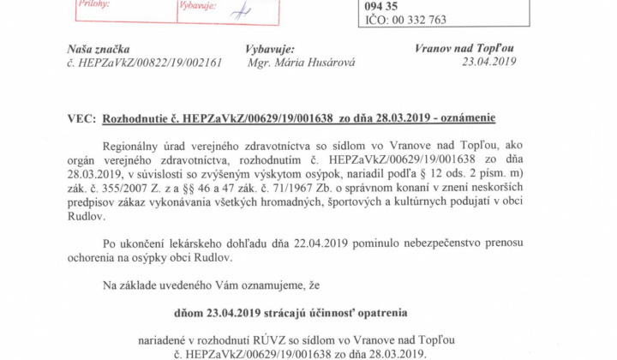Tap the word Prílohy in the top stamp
tap(95, 5)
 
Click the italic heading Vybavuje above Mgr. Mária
tap(271, 50)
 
